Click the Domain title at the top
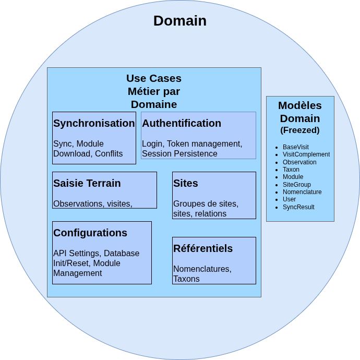(179, 21)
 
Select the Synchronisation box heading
(94, 123)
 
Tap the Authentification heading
(182, 123)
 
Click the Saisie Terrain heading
(87, 183)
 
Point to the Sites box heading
(186, 183)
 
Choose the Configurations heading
(90, 233)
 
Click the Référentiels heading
(203, 248)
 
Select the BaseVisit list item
(296, 147)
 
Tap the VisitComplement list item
(306, 154)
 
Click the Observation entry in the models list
(299, 162)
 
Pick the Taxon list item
(291, 170)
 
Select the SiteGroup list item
(297, 185)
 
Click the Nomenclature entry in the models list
(302, 192)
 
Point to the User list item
(289, 199)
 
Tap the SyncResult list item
(298, 207)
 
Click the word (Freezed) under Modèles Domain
(300, 130)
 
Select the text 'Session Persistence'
(179, 154)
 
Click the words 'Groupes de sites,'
(206, 203)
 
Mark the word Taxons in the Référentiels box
(186, 279)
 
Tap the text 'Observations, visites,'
(92, 203)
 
